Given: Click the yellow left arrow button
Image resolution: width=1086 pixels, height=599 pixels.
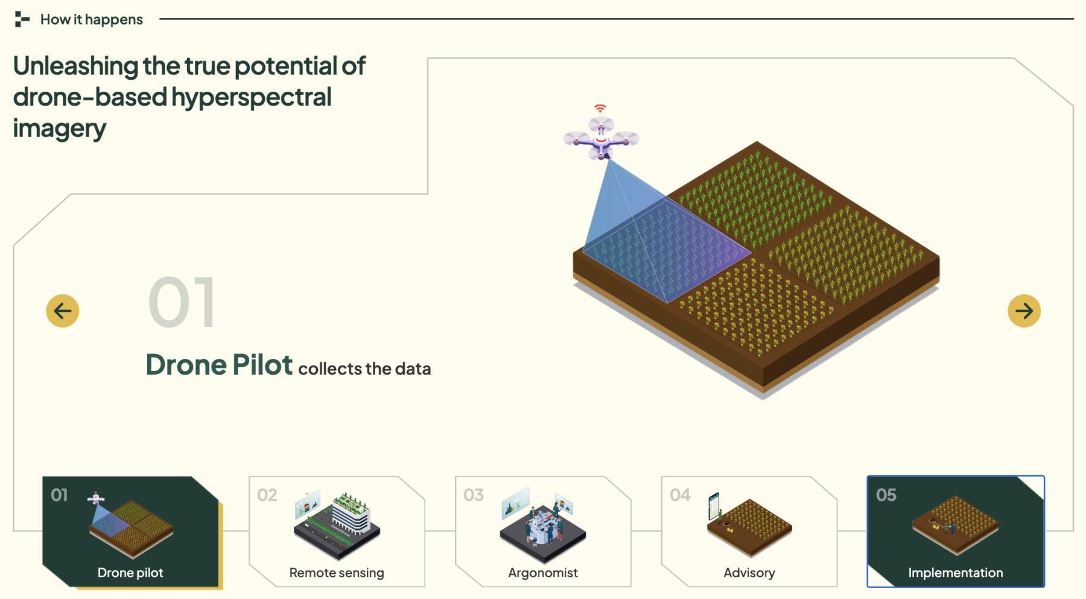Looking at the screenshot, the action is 63,311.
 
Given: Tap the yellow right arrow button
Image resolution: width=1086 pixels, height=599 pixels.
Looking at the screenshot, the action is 1024,311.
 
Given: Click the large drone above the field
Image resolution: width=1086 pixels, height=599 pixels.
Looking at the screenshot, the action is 601,138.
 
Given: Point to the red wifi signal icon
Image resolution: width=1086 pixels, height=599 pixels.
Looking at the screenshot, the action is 600,108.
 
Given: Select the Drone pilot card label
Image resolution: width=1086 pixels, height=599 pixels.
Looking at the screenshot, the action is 130,572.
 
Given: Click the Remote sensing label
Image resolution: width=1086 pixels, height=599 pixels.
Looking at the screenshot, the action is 337,572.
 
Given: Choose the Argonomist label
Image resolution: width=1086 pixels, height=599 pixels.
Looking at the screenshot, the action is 543,572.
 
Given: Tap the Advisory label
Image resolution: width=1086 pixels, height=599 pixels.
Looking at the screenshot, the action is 749,572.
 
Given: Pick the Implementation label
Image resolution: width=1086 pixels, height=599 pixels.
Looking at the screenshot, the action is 956,572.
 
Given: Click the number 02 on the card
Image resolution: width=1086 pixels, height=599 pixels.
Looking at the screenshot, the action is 267,495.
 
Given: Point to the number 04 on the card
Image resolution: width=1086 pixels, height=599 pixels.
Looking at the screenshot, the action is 680,495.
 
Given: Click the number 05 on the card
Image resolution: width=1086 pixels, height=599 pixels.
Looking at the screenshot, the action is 886,495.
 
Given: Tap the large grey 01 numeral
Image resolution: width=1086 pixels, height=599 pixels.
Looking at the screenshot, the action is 182,302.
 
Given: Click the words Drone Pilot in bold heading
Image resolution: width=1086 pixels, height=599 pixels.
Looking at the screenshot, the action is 219,364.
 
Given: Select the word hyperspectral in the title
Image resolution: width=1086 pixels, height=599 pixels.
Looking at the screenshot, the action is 252,97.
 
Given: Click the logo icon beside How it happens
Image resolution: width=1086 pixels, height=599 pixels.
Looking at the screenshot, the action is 22,19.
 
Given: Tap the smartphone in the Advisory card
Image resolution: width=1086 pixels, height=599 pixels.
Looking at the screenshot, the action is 714,507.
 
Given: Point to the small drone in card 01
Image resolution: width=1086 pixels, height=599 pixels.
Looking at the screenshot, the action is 96,499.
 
